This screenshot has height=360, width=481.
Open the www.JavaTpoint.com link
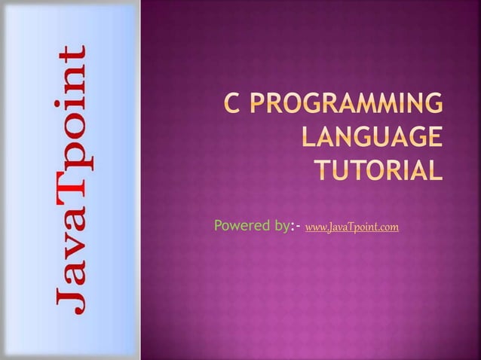353,226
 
